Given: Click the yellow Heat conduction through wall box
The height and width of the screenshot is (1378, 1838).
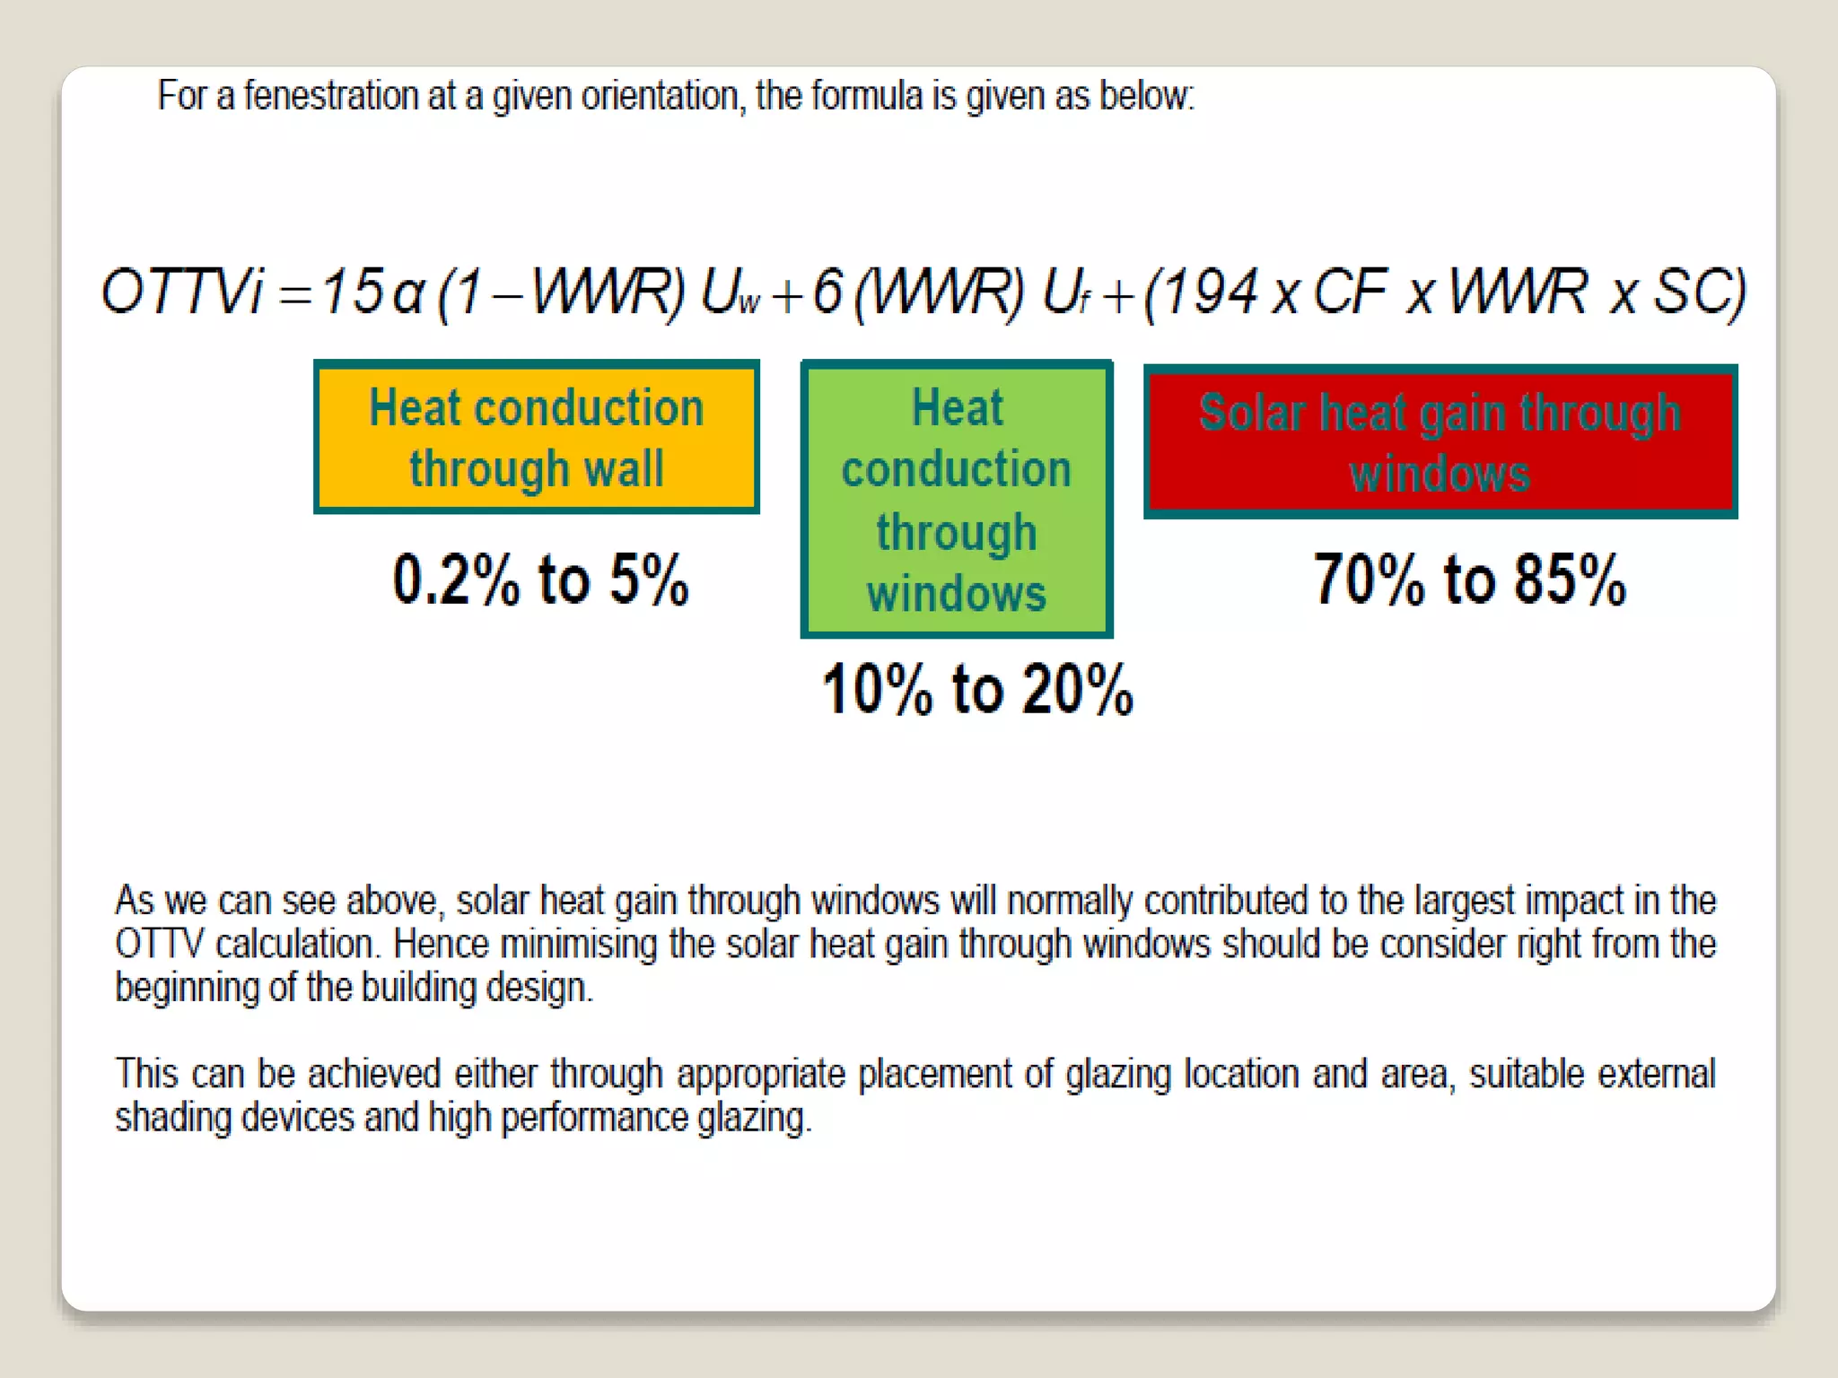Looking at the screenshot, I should (536, 437).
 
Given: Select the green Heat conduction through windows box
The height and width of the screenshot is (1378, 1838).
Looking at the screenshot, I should (957, 500).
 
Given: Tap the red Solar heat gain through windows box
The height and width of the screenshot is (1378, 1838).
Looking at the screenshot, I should (1440, 441).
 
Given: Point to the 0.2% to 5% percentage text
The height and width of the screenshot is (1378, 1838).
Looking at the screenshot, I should (540, 580).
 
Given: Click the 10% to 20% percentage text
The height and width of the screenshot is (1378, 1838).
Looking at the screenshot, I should (977, 690).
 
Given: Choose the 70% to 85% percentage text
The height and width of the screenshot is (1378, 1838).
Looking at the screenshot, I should (1469, 580).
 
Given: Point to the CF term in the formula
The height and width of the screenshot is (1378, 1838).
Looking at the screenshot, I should (1350, 292).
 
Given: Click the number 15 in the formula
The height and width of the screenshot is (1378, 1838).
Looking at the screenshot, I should (352, 292).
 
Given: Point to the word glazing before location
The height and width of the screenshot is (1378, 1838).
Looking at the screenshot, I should (1118, 1075).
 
